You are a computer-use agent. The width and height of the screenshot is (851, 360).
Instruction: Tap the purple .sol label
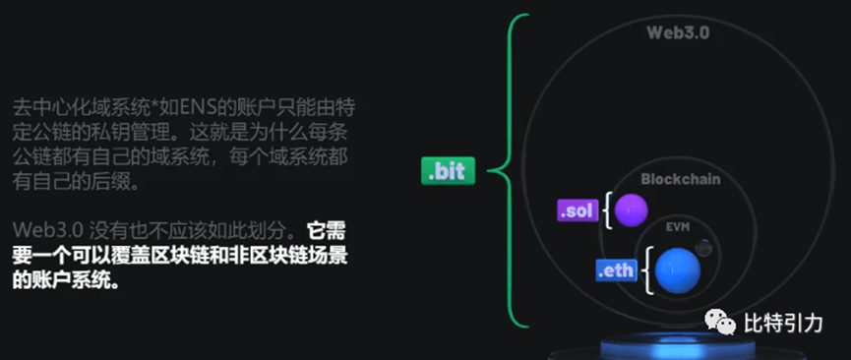coord(577,210)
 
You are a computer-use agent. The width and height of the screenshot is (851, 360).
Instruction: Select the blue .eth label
coord(616,270)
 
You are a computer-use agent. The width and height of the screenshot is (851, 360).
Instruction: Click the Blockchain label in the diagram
coord(681,180)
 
